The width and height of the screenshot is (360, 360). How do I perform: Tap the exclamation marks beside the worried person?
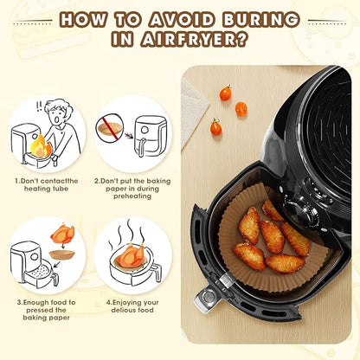[38, 106]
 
